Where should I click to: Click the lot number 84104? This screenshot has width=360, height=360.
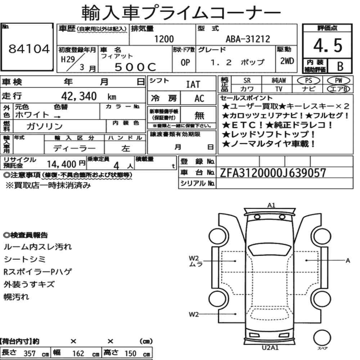click(x=29, y=49)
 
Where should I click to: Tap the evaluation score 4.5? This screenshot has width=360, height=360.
click(x=328, y=45)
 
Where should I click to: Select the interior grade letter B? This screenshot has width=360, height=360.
click(x=340, y=66)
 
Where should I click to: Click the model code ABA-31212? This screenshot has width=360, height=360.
click(x=248, y=39)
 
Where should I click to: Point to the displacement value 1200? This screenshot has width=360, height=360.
click(x=164, y=39)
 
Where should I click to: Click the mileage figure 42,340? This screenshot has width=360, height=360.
click(x=79, y=96)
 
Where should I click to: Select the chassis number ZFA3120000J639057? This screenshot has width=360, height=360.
click(x=273, y=173)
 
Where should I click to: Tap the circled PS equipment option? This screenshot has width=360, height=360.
click(x=309, y=80)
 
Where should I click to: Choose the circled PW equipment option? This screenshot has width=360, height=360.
click(x=338, y=80)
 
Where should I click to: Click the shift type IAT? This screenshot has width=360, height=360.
click(x=193, y=84)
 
